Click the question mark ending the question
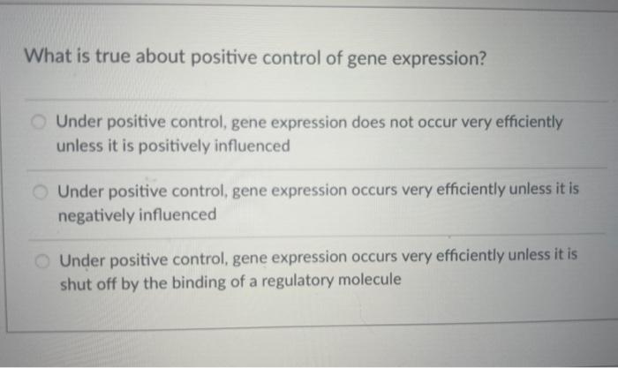[x=481, y=57]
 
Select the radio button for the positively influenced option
[x=40, y=122]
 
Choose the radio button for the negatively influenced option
[x=41, y=191]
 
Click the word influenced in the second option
[x=177, y=214]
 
